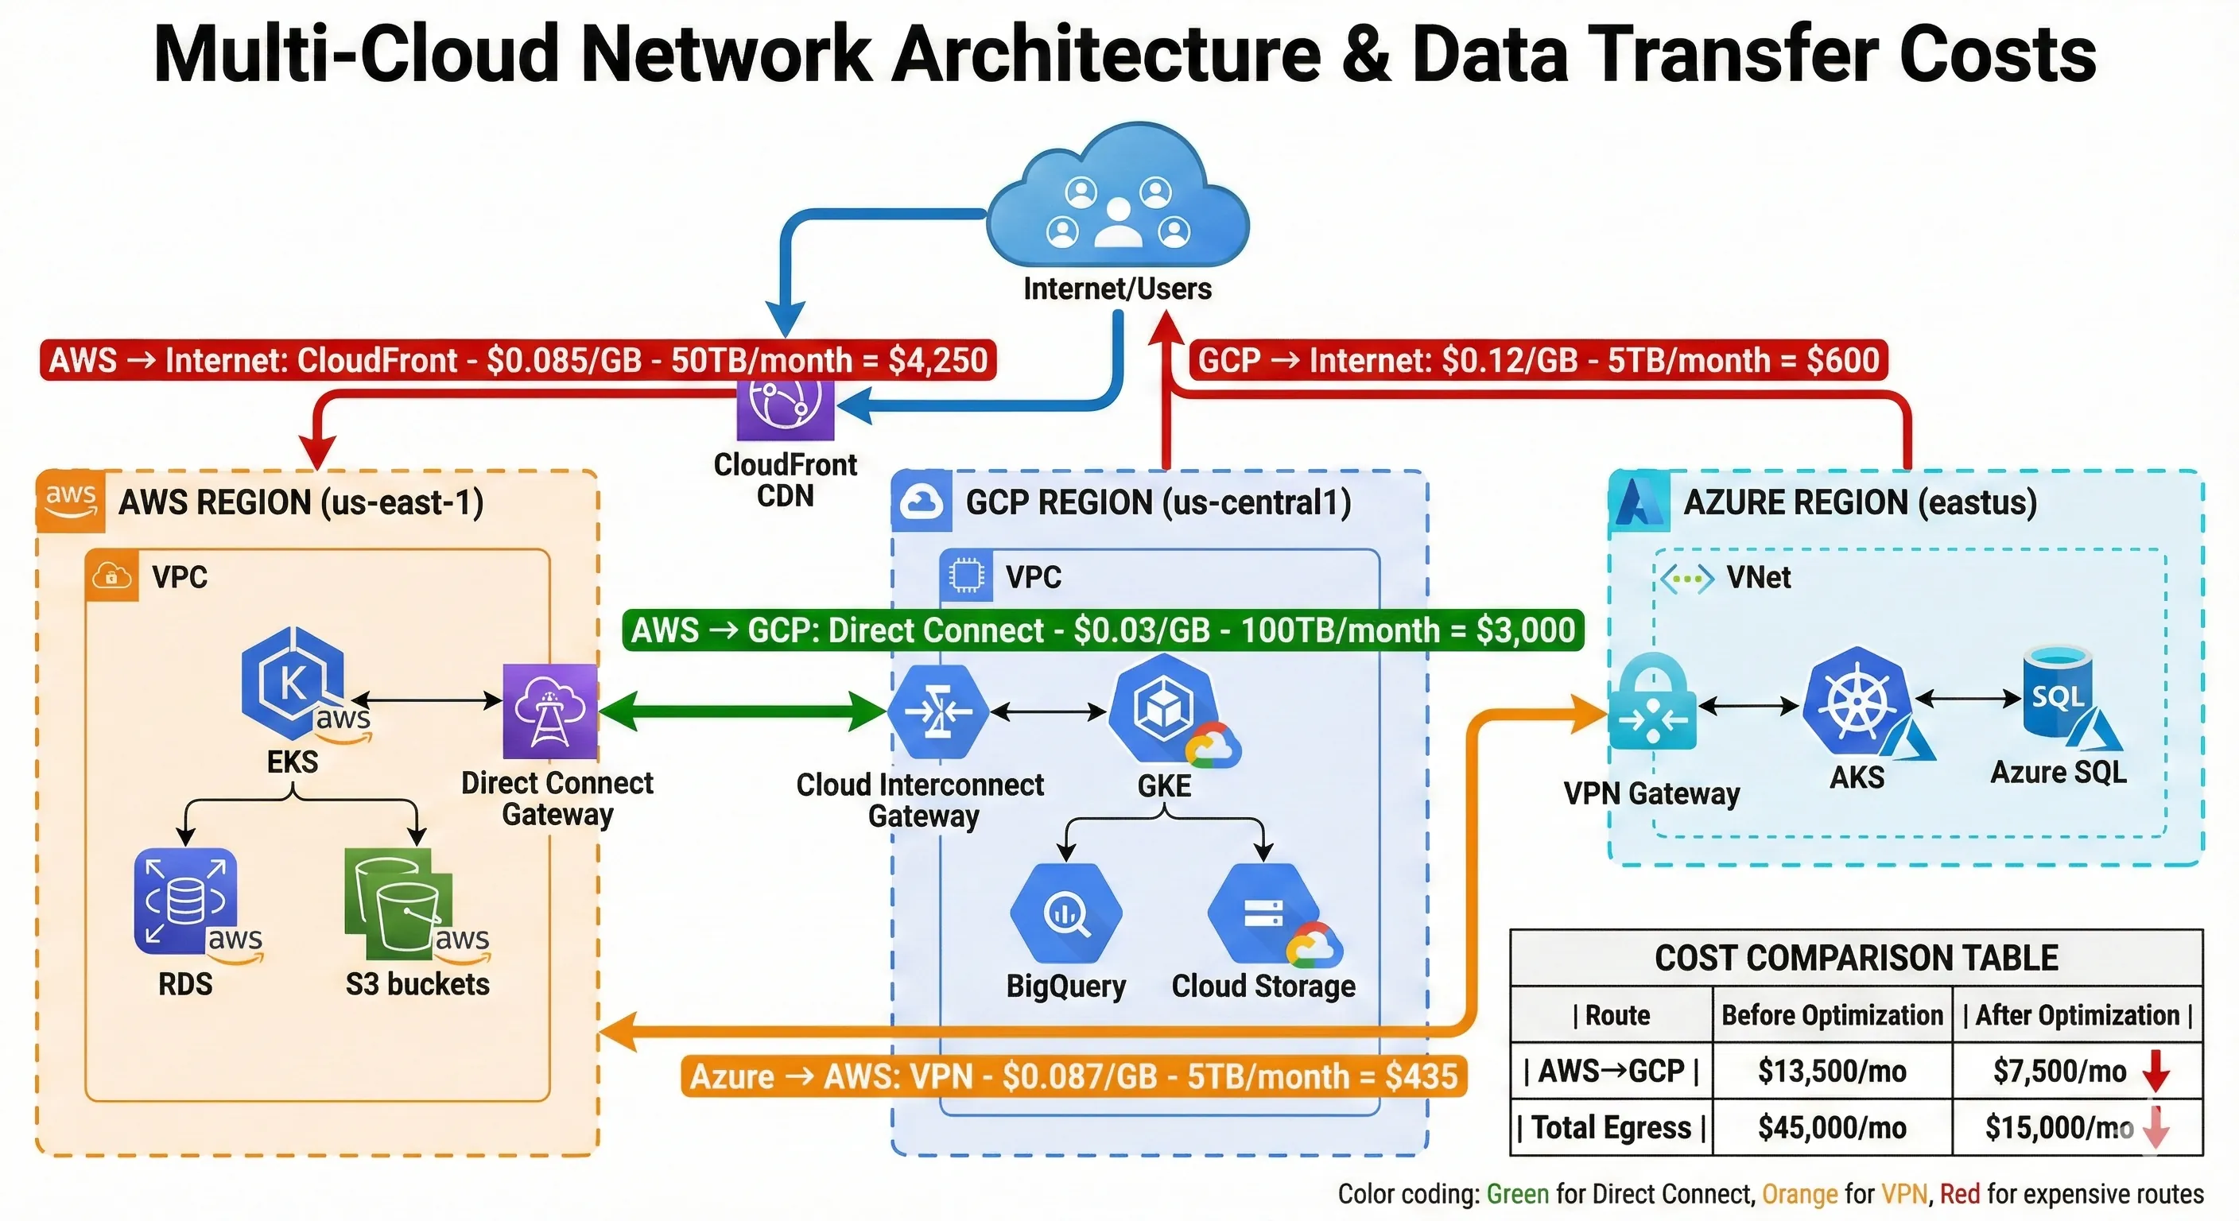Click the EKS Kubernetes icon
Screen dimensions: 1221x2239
[293, 683]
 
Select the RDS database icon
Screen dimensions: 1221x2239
[185, 901]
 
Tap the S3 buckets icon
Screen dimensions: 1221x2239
[400, 904]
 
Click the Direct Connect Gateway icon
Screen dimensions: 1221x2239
[549, 711]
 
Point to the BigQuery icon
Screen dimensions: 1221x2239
[1065, 913]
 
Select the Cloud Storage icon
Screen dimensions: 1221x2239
[1260, 913]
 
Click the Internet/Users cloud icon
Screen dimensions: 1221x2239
[1118, 200]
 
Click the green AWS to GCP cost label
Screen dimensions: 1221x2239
[1102, 630]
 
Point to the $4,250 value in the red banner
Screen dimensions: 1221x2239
[938, 360]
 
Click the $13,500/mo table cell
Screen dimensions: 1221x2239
[1831, 1071]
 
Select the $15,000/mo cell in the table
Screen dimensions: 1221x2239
[2059, 1127]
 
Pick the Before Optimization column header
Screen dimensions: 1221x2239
[1831, 1015]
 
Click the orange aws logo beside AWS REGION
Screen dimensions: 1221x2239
[69, 501]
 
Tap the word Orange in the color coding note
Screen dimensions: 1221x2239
[1799, 1194]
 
